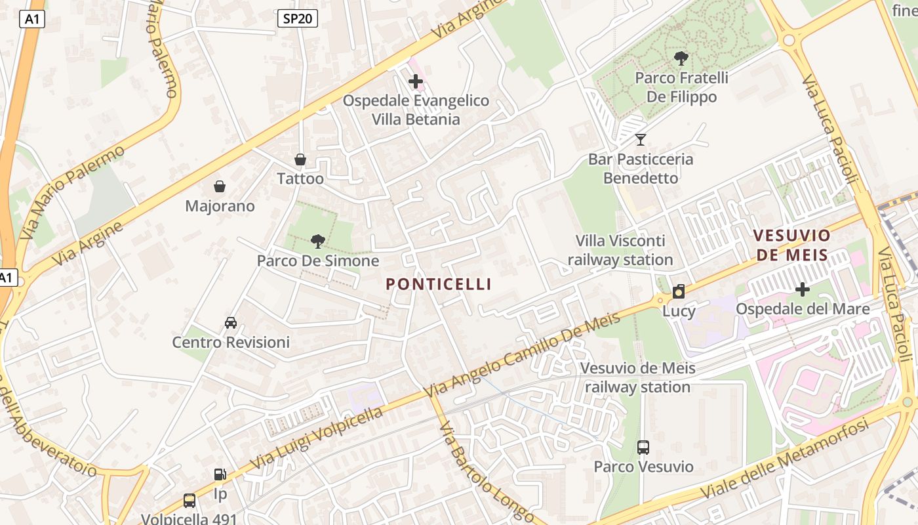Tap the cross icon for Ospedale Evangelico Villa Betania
416,82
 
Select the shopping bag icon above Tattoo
300,159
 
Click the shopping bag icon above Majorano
220,187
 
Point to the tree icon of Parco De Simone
318,241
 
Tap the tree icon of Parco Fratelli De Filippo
681,58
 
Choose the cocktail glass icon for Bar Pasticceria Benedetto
641,139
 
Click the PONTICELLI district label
438,284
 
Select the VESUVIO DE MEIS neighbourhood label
791,244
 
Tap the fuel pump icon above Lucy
679,291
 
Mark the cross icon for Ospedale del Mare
802,289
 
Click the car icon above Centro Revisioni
231,323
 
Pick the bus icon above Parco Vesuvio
643,448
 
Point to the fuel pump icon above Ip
220,474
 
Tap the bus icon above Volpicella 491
190,501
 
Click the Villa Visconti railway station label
620,250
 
